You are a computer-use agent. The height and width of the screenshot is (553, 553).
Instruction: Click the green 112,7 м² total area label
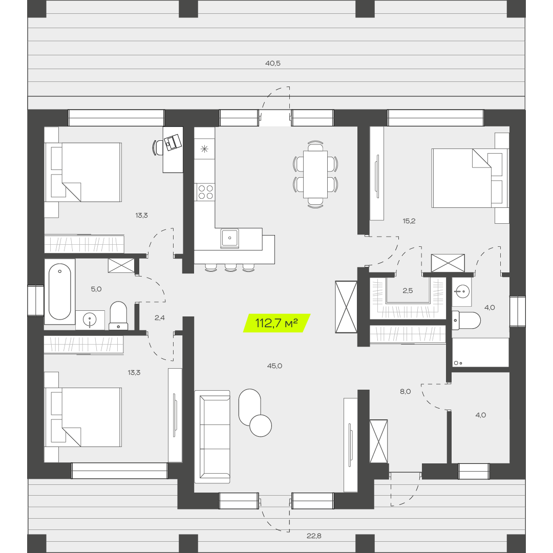pyautogui.click(x=276, y=323)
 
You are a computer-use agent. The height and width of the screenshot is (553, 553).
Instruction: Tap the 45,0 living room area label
pyautogui.click(x=274, y=366)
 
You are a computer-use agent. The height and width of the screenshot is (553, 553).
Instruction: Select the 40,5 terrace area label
pyautogui.click(x=272, y=63)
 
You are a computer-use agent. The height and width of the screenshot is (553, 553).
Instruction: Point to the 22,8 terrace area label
pyautogui.click(x=314, y=536)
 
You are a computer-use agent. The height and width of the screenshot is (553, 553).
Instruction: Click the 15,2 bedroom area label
pyautogui.click(x=409, y=221)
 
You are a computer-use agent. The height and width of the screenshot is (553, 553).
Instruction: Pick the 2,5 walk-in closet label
pyautogui.click(x=408, y=291)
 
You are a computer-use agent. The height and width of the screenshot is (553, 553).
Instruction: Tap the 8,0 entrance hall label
pyautogui.click(x=405, y=392)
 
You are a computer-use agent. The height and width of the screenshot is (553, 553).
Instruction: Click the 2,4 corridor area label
pyautogui.click(x=159, y=318)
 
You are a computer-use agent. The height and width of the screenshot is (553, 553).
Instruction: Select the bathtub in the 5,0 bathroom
pyautogui.click(x=59, y=292)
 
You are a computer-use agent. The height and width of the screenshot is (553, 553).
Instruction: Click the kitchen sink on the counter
pyautogui.click(x=229, y=238)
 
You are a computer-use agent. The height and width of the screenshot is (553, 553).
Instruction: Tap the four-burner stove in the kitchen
pyautogui.click(x=205, y=192)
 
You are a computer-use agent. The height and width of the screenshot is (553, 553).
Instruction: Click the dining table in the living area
pyautogui.click(x=315, y=174)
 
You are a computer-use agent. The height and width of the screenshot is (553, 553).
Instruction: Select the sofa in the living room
pyautogui.click(x=212, y=437)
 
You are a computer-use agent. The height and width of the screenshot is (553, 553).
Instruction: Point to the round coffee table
pyautogui.click(x=261, y=426)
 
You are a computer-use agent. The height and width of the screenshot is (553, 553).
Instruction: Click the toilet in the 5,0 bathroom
pyautogui.click(x=118, y=315)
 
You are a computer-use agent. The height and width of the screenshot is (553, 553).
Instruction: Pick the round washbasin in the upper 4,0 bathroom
pyautogui.click(x=462, y=291)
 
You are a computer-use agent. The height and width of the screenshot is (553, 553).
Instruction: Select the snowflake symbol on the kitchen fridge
pyautogui.click(x=204, y=149)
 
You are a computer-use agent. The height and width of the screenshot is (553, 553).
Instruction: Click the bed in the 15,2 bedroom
pyautogui.click(x=470, y=178)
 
